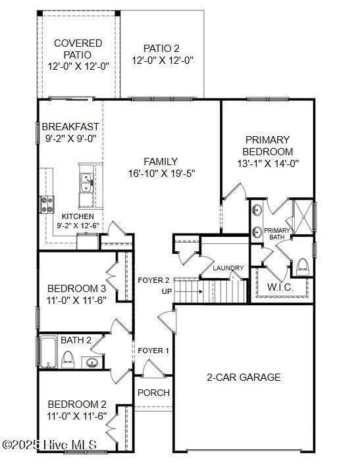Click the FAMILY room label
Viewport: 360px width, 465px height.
coord(161,162)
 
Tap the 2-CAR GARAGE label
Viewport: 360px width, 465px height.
coord(244,378)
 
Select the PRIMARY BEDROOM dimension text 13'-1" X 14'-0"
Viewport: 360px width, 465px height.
coord(268,163)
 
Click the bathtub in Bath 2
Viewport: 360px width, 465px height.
coord(49,352)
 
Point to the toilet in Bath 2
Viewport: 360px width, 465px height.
coord(68,360)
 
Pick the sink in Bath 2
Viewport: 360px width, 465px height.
coord(91,362)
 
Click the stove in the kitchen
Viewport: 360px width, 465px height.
coord(47,205)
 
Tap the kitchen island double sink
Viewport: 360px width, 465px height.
coord(87,183)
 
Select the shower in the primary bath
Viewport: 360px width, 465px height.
coord(303,216)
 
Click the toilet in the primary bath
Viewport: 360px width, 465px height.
coord(303,266)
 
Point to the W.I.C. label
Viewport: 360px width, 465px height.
coord(280,287)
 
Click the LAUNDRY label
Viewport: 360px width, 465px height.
coord(228,268)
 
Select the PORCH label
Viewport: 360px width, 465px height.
coord(153,393)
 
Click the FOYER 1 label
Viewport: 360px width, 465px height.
coord(153,351)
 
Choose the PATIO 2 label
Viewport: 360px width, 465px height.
coord(161,48)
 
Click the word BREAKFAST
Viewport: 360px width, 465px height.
coord(70,127)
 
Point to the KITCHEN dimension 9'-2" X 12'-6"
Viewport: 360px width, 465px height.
coord(78,226)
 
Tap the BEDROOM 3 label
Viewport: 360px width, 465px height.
coord(76,289)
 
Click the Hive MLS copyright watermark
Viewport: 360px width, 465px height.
coord(49,445)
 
